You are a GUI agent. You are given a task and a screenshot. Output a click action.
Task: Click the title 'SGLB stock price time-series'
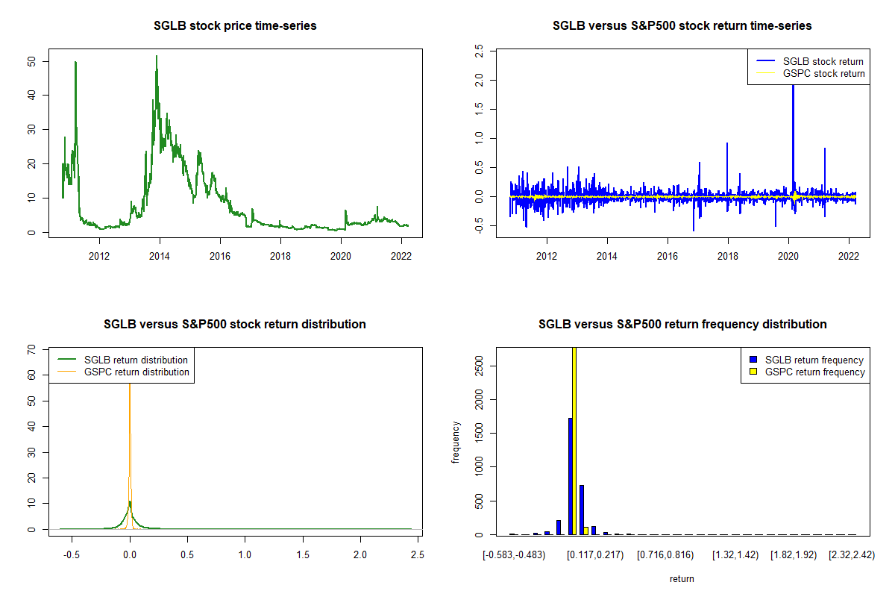point(235,26)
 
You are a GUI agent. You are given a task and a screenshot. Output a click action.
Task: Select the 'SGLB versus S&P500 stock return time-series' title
point(682,26)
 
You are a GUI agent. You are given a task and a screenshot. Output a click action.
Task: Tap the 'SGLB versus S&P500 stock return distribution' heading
point(235,325)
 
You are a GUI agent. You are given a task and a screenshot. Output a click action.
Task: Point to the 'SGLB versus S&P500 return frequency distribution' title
point(682,325)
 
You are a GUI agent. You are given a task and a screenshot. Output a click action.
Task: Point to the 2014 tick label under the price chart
point(160,254)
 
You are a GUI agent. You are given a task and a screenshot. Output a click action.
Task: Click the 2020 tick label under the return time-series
point(788,254)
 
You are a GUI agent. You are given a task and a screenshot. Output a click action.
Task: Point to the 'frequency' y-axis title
point(456,443)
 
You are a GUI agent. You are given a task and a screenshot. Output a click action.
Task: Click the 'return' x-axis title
point(682,578)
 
